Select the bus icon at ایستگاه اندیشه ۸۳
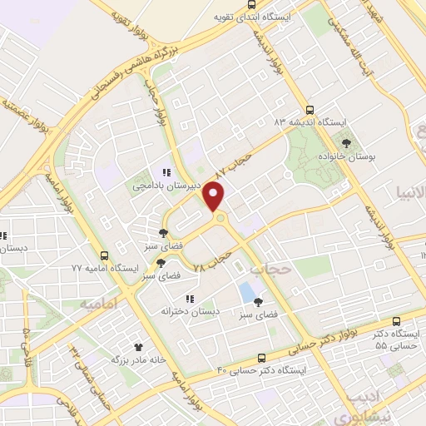pos(310,109)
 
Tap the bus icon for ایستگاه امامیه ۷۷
pos(104,255)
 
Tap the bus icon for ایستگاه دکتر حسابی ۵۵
pos(396,319)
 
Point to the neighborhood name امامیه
pos(97,305)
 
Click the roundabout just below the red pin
pos(220,219)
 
